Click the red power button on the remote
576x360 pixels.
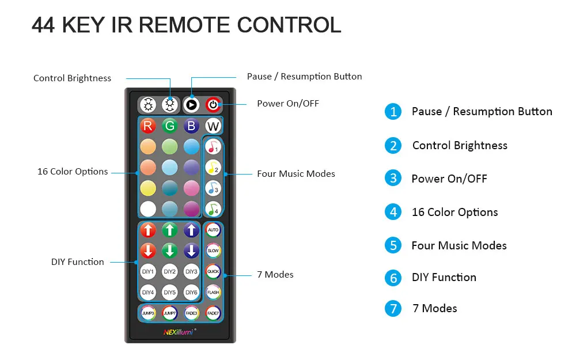click(x=213, y=105)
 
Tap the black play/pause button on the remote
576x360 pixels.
click(x=191, y=105)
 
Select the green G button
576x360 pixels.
click(x=169, y=126)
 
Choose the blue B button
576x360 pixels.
click(x=191, y=126)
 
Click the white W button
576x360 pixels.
click(x=213, y=126)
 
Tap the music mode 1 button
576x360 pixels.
click(x=213, y=146)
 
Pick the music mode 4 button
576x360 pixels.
click(x=213, y=209)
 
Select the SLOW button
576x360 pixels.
click(x=213, y=251)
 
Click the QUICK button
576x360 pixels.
click(x=213, y=271)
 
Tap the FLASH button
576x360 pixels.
click(x=213, y=293)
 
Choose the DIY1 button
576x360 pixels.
click(x=147, y=271)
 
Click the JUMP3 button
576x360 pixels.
click(x=147, y=313)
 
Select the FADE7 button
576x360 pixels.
click(x=213, y=313)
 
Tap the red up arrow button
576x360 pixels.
click(x=147, y=230)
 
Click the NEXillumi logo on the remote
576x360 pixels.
click(x=180, y=332)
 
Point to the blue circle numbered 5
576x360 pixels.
click(x=393, y=245)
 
